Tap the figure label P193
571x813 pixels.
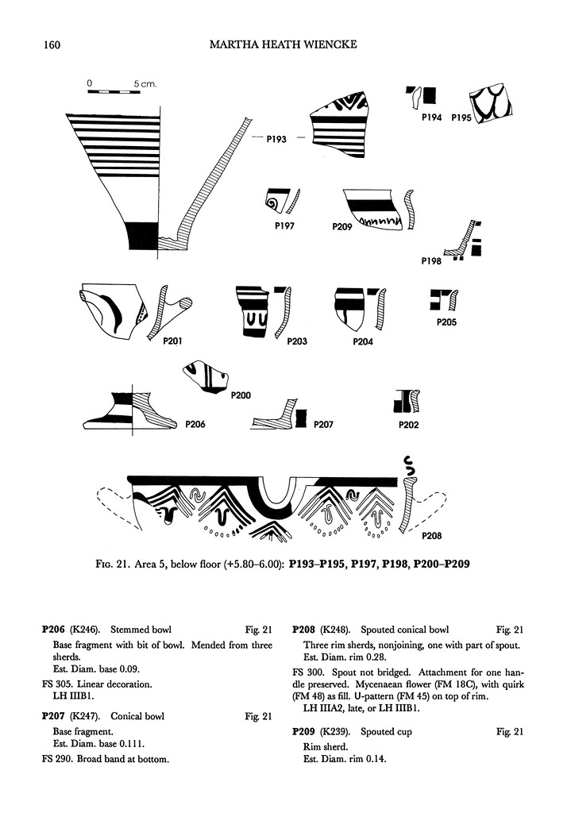coord(276,139)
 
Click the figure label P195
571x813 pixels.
coord(461,118)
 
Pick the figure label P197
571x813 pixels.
coord(285,225)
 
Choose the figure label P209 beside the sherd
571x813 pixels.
coord(342,227)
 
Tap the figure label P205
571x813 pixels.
coord(446,323)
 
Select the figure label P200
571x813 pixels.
coord(241,395)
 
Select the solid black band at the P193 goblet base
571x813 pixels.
coord(143,235)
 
